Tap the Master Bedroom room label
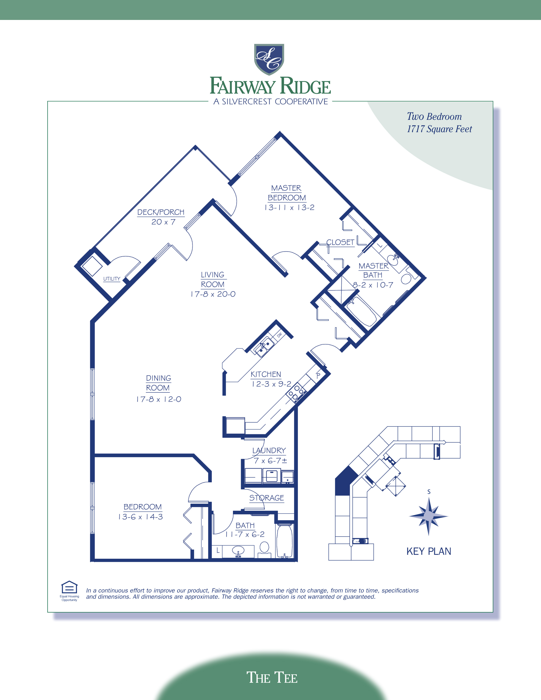coord(287,193)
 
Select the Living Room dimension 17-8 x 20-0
coord(213,294)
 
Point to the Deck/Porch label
coord(161,212)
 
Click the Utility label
coord(112,279)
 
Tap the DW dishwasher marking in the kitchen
coord(279,335)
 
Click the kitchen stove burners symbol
coord(296,393)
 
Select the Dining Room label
coord(158,383)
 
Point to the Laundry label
coord(269,451)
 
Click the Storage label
coord(267,498)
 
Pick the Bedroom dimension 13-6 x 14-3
coord(140,517)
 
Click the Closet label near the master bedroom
coord(340,242)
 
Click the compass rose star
coord(429,516)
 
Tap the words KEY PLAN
coord(429,551)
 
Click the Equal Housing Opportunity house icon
coord(69,588)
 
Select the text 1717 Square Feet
coord(439,129)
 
